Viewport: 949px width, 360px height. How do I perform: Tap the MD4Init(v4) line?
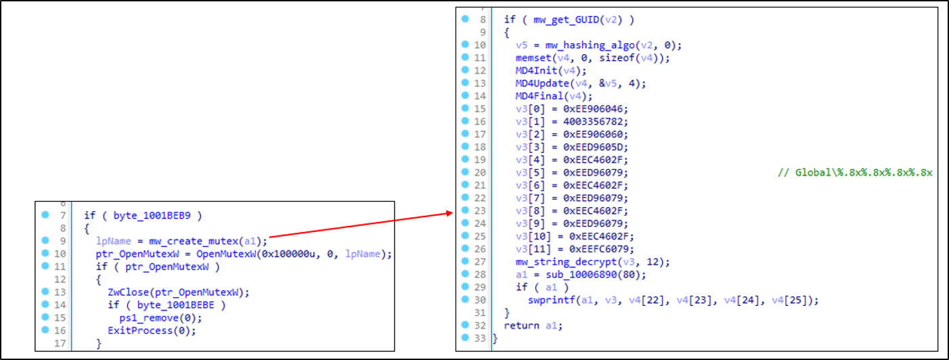546,71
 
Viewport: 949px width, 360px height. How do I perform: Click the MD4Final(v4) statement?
549,97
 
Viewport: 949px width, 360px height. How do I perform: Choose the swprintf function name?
550,300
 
